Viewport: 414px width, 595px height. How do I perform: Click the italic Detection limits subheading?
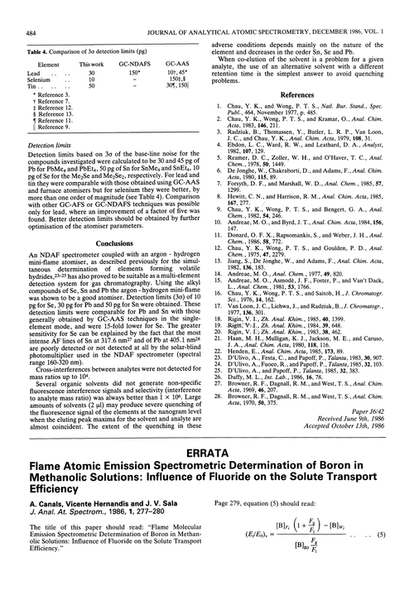32,119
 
